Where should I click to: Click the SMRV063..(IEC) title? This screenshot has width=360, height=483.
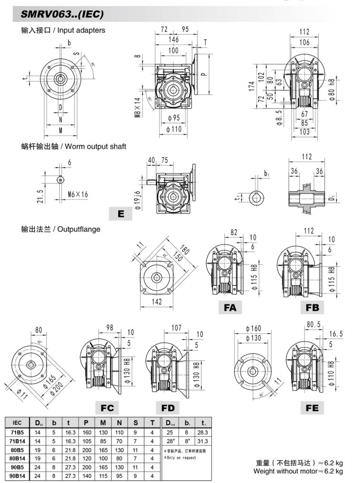coord(62,15)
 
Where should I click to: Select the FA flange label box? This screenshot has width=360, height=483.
coord(230,308)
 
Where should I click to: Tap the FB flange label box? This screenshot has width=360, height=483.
coord(312,308)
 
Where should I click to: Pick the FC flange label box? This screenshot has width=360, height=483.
coord(107,408)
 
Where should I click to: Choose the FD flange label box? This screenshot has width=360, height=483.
coord(168,408)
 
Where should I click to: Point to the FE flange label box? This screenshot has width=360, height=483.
coord(312,408)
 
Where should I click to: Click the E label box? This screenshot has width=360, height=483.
coord(121,214)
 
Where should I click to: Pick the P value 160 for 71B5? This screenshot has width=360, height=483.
coord(87,432)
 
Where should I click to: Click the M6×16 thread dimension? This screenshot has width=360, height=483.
coord(78,194)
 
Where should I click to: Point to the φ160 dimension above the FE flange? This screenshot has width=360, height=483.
coord(254,329)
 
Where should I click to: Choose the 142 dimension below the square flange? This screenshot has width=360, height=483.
coord(157,302)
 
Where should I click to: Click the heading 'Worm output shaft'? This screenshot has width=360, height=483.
coord(95,146)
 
